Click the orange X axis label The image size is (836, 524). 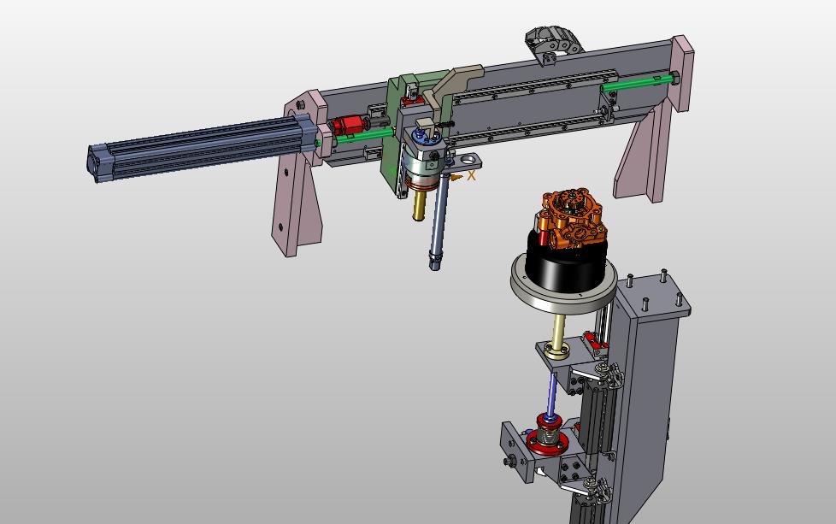click(471, 175)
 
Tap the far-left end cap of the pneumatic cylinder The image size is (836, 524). click(94, 162)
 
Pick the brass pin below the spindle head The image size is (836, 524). click(419, 205)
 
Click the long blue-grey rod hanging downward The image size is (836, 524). click(438, 221)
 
